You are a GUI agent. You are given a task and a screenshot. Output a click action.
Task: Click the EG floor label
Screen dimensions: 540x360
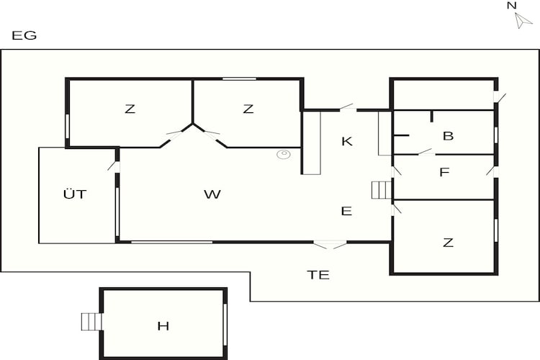click(24, 35)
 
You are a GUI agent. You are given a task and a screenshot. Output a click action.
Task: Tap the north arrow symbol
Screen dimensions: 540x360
click(523, 21)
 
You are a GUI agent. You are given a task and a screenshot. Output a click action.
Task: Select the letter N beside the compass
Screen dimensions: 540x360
click(512, 6)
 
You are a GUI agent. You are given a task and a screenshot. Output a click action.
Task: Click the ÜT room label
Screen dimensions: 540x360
click(75, 194)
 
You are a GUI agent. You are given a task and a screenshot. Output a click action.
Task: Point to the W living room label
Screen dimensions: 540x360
click(212, 194)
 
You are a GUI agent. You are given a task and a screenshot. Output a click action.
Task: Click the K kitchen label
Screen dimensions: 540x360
click(347, 141)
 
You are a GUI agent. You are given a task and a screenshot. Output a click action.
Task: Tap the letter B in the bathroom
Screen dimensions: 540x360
click(448, 136)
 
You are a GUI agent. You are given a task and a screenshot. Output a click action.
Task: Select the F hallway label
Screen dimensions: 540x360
click(444, 172)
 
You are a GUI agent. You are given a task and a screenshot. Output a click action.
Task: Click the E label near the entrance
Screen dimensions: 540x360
click(346, 211)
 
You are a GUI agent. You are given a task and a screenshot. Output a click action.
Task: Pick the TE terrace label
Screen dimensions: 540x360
click(318, 275)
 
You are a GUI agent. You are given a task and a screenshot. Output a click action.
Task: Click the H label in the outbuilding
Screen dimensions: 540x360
click(163, 325)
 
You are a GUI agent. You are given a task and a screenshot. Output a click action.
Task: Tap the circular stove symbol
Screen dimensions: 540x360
click(284, 154)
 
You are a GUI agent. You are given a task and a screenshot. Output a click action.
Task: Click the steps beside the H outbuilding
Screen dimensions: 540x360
click(91, 321)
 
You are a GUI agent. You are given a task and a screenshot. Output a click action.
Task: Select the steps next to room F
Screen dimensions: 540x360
click(382, 190)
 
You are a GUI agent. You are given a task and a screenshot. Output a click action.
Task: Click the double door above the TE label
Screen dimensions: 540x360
click(330, 245)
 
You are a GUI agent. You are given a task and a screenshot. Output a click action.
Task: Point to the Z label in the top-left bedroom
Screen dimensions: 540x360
click(130, 109)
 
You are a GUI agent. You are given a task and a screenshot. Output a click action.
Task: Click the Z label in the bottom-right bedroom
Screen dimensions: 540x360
click(448, 243)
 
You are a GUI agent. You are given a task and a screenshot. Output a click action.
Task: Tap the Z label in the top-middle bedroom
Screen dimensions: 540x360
click(248, 109)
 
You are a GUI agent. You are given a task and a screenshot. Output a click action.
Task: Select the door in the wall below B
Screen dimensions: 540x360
click(426, 152)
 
